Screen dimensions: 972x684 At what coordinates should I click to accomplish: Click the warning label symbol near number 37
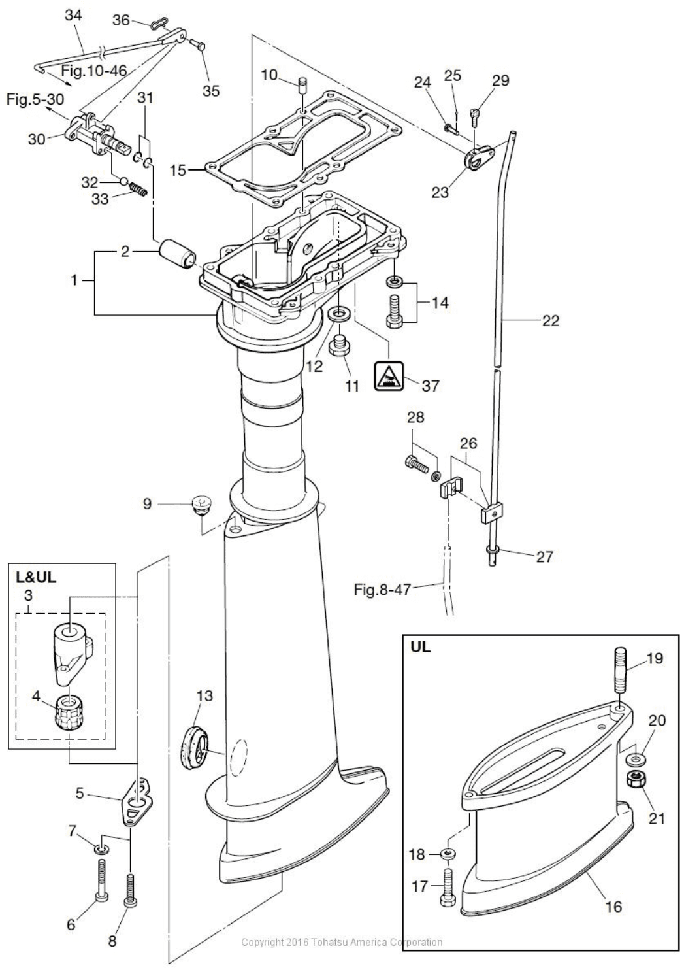click(388, 377)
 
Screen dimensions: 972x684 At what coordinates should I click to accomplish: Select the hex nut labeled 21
click(632, 779)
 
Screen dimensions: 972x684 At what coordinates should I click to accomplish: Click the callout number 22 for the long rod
click(550, 320)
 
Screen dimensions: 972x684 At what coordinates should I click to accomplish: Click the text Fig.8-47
click(382, 590)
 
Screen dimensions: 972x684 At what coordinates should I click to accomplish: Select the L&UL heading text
click(36, 578)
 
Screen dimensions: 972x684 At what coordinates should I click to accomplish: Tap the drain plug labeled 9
click(201, 505)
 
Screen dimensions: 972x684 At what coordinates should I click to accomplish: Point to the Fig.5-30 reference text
click(35, 100)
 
